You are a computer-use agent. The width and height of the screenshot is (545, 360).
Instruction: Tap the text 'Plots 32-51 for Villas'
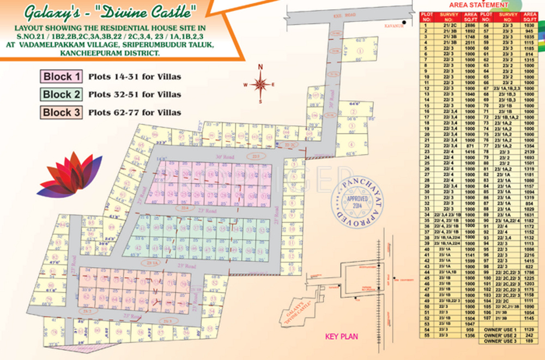tap(135, 95)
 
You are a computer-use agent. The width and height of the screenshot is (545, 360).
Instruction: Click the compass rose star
tap(261, 83)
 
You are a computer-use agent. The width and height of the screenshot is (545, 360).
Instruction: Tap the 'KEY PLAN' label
tap(341, 337)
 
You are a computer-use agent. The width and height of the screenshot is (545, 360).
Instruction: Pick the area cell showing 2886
tap(472, 26)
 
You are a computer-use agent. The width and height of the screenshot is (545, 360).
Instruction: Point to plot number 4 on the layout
tap(352, 145)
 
